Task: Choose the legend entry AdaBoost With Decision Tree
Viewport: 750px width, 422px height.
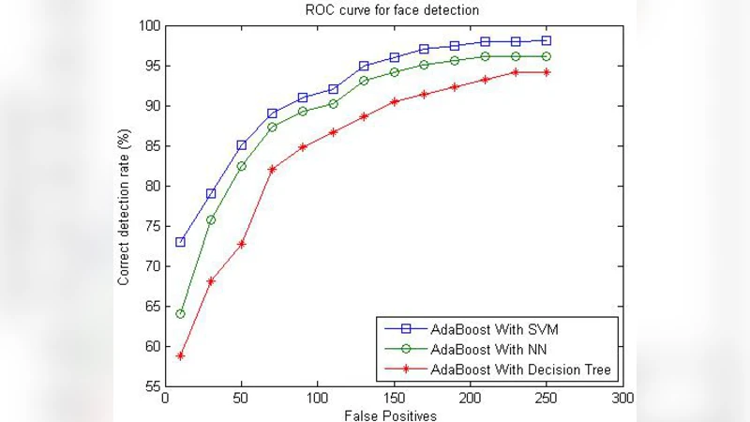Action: point(521,369)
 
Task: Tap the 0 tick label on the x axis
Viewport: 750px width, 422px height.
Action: point(165,399)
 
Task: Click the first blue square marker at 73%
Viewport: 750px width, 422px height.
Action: point(180,242)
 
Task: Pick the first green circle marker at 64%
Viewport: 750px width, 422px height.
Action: point(180,314)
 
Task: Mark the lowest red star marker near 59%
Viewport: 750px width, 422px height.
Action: point(180,355)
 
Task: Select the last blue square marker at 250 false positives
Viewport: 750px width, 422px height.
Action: point(546,40)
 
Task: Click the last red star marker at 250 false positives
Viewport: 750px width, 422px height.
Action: point(546,72)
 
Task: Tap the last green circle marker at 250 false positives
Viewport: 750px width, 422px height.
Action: point(546,56)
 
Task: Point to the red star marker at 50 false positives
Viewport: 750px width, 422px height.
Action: point(241,244)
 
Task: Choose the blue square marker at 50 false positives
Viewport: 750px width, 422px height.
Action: point(241,145)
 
